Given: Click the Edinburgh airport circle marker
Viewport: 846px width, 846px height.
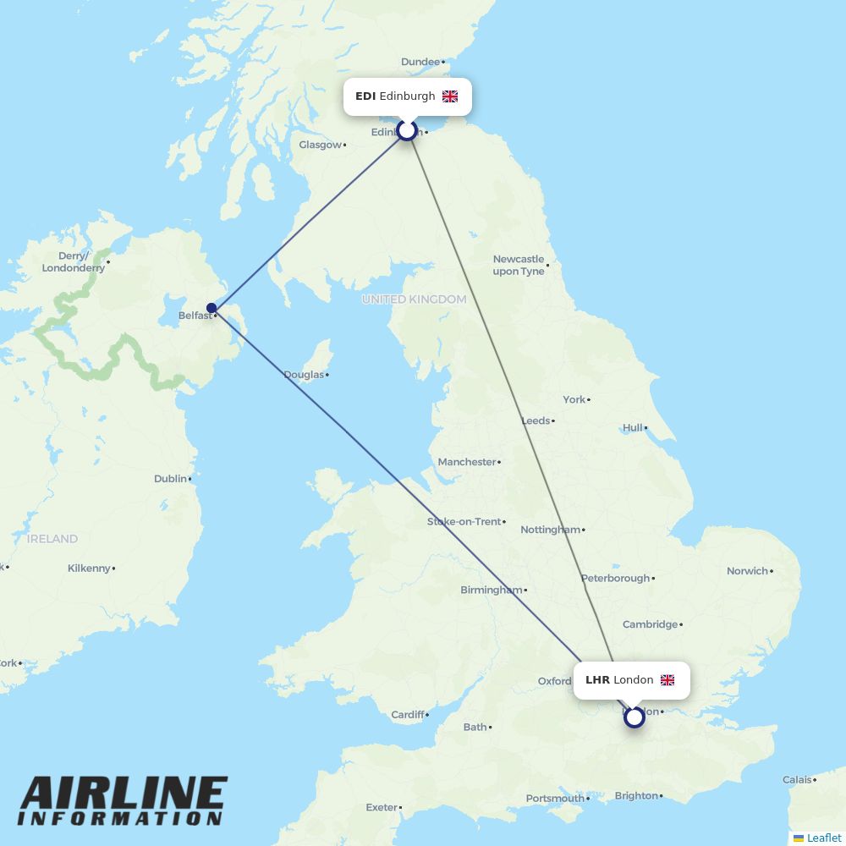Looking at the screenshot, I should click(x=407, y=130).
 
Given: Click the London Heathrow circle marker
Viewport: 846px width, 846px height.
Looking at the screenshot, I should click(x=634, y=717).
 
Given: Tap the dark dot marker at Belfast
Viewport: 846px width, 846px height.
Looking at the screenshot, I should click(x=211, y=308).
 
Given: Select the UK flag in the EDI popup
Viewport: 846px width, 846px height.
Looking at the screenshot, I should click(x=450, y=96).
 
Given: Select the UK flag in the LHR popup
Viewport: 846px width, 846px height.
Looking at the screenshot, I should click(x=667, y=680).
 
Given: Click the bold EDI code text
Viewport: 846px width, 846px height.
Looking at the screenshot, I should click(x=365, y=96).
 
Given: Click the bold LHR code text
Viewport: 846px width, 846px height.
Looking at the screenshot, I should click(x=597, y=680).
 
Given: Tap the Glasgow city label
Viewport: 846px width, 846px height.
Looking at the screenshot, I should click(x=321, y=145).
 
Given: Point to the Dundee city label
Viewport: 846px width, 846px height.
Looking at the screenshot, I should click(x=420, y=62).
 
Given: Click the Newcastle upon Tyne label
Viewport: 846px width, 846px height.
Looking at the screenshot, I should click(x=519, y=265).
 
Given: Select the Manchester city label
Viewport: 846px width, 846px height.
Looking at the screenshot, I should click(x=467, y=462).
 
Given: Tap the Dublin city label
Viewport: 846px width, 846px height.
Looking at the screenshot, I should click(x=170, y=479).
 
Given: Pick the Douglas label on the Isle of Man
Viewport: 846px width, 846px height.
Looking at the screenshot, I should click(x=304, y=375).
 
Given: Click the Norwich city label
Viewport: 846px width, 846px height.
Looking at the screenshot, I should click(x=747, y=571).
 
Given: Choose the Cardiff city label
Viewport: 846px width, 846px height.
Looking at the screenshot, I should click(x=407, y=715).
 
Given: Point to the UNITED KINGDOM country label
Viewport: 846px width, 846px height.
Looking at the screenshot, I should click(x=414, y=299).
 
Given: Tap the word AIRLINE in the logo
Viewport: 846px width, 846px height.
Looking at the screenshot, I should click(x=124, y=794).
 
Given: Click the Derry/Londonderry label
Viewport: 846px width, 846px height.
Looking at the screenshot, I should click(x=74, y=261).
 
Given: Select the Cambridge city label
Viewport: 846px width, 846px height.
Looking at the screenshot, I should click(x=650, y=624).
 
